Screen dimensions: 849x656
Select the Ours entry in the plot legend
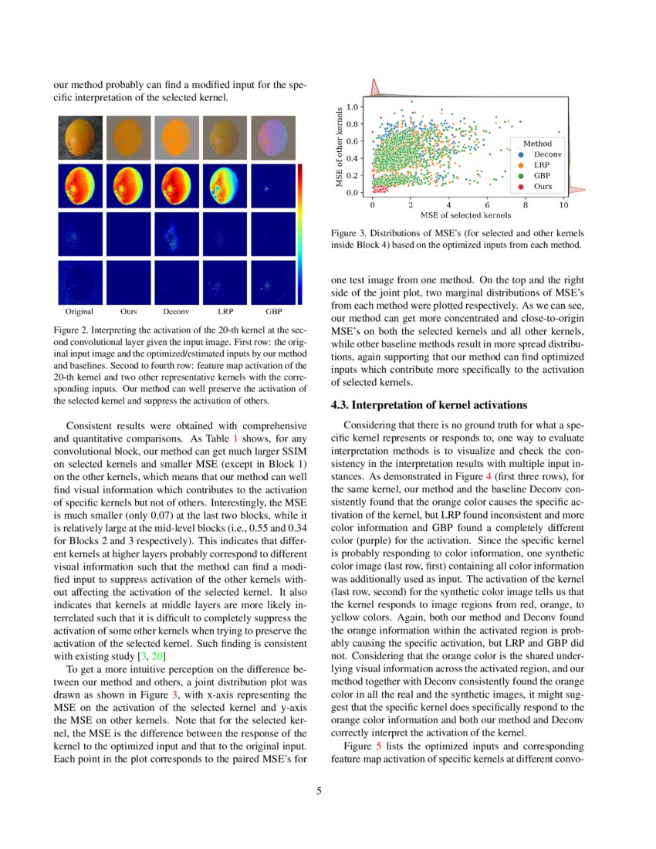pos(542,187)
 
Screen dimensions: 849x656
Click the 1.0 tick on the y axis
pos(353,107)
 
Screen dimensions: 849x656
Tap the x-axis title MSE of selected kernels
pos(465,215)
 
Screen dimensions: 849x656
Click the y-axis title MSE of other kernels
pos(339,147)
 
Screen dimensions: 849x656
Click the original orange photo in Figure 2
pos(79,137)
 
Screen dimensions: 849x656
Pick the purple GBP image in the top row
pos(273,137)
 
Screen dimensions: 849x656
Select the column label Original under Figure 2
pos(79,313)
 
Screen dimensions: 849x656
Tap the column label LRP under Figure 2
pos(225,313)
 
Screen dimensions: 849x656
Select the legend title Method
pos(537,144)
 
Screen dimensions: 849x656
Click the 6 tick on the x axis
pos(487,205)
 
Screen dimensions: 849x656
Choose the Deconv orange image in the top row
pos(176,137)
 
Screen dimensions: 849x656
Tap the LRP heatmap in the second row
pos(225,186)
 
